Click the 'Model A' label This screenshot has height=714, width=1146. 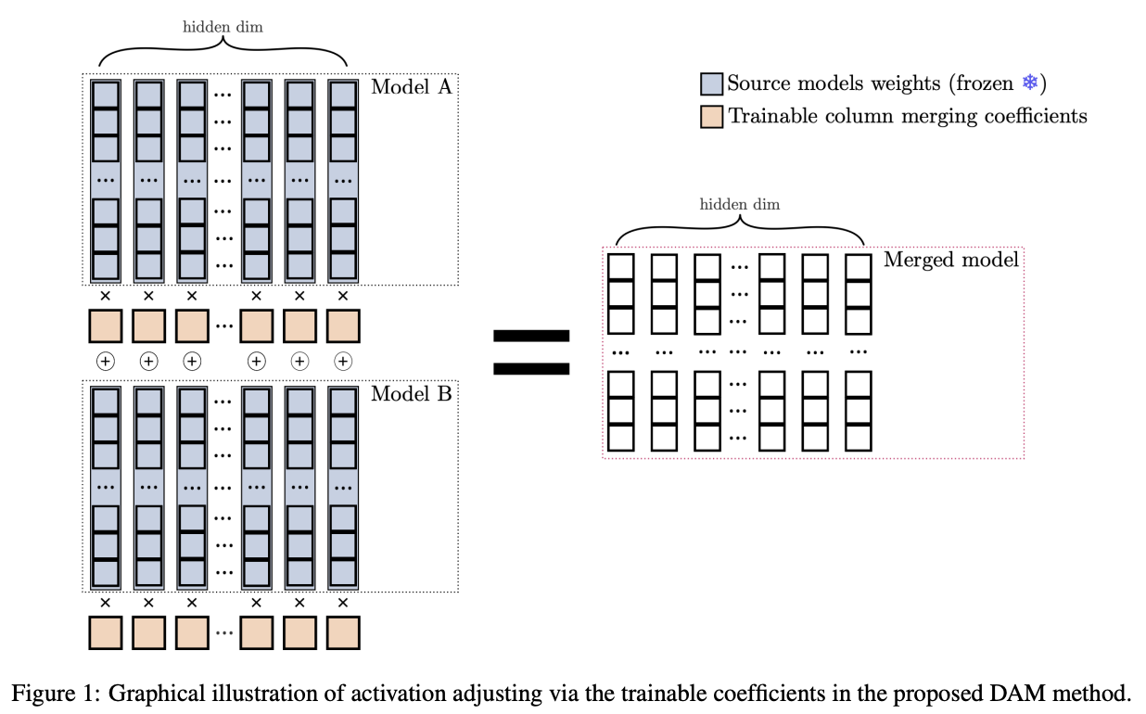point(411,87)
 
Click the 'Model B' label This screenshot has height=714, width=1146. point(411,393)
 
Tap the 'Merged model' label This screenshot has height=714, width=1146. point(950,259)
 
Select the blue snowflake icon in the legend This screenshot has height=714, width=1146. point(1028,83)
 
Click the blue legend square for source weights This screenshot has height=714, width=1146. point(711,84)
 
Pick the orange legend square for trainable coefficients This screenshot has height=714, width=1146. point(711,117)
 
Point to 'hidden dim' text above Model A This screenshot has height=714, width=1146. point(222,26)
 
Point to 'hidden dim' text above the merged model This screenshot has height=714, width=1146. point(739,204)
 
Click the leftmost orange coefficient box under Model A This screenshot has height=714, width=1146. point(105,326)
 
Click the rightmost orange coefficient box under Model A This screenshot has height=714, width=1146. point(343,326)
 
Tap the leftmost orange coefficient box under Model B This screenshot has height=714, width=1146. point(105,632)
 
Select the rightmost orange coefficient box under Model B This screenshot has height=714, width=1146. point(343,632)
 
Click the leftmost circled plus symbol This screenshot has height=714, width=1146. point(105,362)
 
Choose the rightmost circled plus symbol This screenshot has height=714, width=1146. point(343,362)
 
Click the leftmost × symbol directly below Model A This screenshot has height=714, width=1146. point(105,297)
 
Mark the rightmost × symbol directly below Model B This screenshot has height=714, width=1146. point(343,603)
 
